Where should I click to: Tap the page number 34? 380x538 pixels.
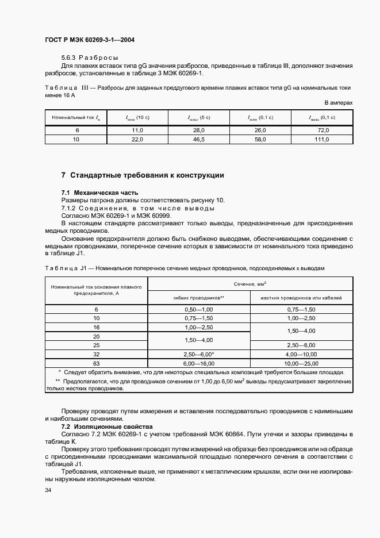tap(48, 490)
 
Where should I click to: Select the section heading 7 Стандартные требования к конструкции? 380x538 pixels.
tap(143, 175)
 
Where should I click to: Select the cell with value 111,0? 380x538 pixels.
tap(323, 140)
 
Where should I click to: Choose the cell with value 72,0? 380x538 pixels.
tap(323, 131)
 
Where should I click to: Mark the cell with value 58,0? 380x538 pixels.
tap(260, 140)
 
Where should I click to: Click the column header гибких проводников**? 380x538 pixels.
tap(199, 298)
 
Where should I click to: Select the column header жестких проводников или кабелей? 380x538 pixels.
tap(301, 298)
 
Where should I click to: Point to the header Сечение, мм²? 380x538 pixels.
tap(250, 284)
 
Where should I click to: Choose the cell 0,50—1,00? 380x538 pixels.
tap(199, 309)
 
